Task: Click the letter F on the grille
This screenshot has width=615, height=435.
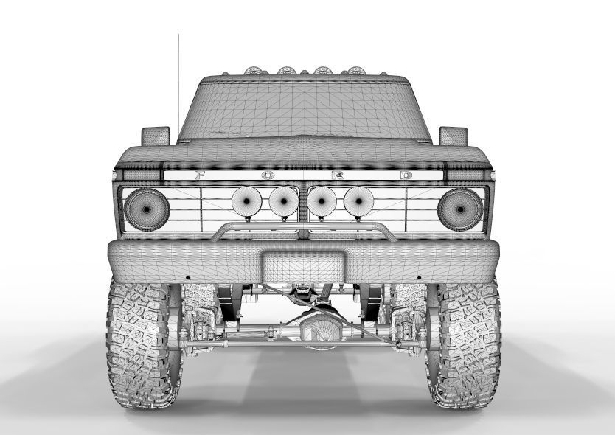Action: pyautogui.click(x=200, y=175)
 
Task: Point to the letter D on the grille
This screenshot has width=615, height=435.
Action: pyautogui.click(x=406, y=175)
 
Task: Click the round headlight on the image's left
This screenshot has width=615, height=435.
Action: pyautogui.click(x=146, y=209)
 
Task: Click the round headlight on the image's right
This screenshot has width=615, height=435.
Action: pyautogui.click(x=460, y=209)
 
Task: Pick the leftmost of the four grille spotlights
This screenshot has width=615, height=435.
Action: pyautogui.click(x=246, y=202)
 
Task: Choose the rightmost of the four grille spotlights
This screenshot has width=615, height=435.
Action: pyautogui.click(x=358, y=202)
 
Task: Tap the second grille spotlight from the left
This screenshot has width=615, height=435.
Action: pyautogui.click(x=283, y=202)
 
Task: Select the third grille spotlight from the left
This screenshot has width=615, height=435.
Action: pyautogui.click(x=322, y=202)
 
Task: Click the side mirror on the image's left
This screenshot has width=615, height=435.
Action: pyautogui.click(x=156, y=136)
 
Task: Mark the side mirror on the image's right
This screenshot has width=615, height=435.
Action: pyautogui.click(x=454, y=136)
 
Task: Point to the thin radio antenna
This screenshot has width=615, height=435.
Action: pyautogui.click(x=178, y=81)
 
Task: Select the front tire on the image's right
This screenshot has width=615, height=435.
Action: pyautogui.click(x=465, y=343)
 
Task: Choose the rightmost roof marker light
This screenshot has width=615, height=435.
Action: pyautogui.click(x=357, y=71)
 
